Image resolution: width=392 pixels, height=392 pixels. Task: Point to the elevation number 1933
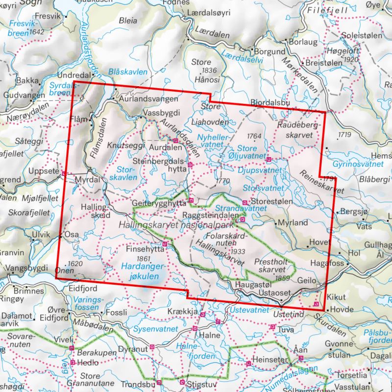[236, 251]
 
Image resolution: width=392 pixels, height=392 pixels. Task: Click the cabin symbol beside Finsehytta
[165, 244]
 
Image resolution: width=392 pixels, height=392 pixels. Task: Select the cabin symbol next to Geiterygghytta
[192, 200]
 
